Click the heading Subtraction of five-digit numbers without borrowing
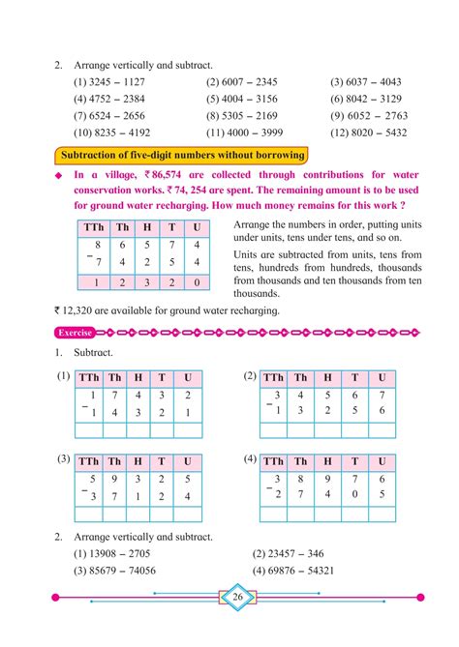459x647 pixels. click(x=181, y=155)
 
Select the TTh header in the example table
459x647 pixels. click(x=91, y=227)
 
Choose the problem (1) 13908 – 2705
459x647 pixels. click(x=112, y=554)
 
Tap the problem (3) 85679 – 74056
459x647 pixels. click(x=115, y=571)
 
